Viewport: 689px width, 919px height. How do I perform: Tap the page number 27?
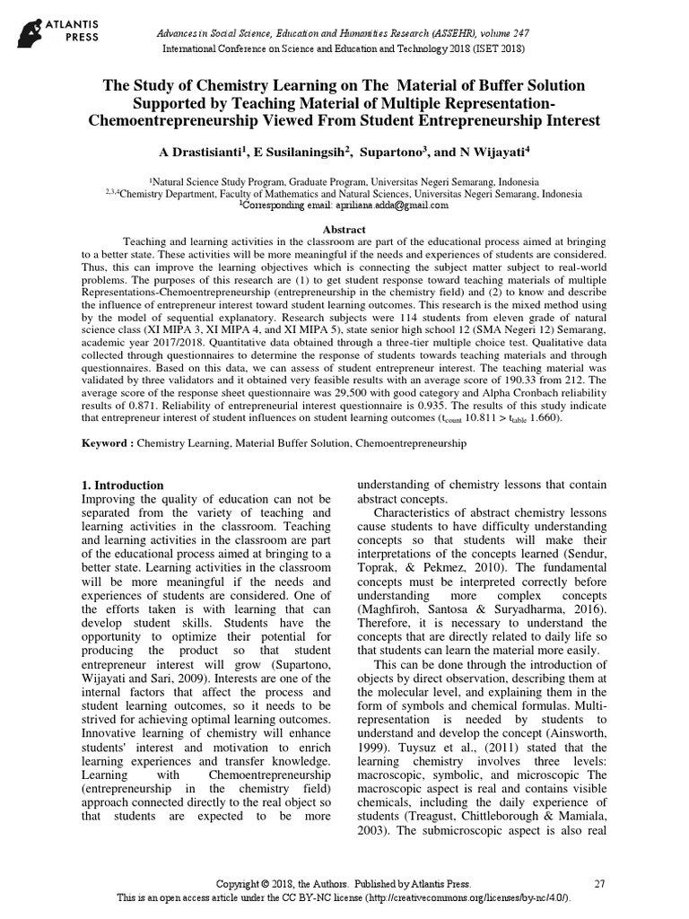click(600, 884)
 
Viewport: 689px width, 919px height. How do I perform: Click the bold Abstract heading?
click(344, 229)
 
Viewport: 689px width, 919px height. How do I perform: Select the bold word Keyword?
click(106, 443)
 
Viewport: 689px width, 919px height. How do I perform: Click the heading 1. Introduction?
click(123, 486)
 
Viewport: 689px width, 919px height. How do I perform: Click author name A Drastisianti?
click(186, 152)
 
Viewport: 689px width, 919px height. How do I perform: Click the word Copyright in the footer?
click(241, 884)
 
